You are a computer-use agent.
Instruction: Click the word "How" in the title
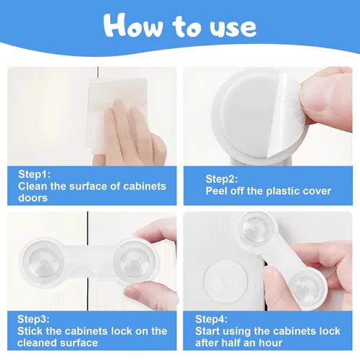[x=133, y=25]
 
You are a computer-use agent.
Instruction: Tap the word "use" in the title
[x=233, y=28]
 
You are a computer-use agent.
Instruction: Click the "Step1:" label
[x=35, y=174]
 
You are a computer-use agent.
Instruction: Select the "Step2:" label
[x=222, y=179]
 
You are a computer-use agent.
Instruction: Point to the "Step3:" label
[x=33, y=319]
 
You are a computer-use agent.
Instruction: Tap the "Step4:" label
[x=211, y=319]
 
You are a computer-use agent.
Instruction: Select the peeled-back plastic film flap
[x=286, y=115]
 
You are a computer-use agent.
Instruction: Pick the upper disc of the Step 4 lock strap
[x=257, y=230]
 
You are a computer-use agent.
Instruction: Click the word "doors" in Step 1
[x=33, y=198]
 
